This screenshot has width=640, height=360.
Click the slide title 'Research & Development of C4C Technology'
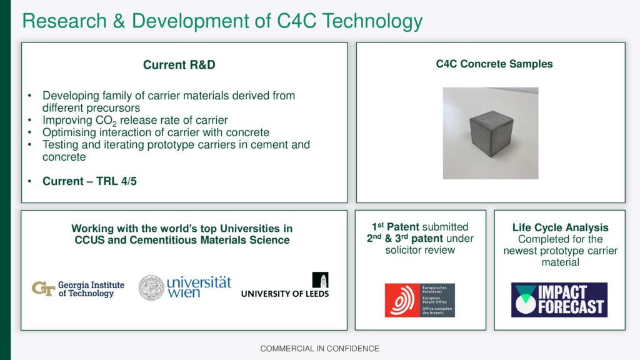point(222,22)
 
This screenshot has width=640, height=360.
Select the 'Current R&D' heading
point(179,65)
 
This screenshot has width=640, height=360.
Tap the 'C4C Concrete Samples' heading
point(494,64)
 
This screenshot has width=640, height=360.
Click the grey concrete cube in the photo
point(491,134)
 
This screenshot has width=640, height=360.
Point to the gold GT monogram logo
point(43,289)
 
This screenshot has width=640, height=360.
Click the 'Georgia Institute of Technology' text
point(91,289)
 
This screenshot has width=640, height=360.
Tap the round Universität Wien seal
point(151,287)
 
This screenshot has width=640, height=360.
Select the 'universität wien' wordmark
point(199,287)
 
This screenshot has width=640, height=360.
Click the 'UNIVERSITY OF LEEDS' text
point(285,294)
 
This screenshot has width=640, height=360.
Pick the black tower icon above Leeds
point(321,280)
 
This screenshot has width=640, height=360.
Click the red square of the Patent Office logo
point(402,301)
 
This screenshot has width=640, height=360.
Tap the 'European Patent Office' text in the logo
point(434,300)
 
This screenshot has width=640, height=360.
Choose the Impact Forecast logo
point(559,300)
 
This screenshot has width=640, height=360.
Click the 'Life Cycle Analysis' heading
point(561,227)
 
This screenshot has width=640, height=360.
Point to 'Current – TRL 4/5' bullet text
point(90,181)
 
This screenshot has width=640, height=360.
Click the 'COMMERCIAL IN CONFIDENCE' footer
point(319,349)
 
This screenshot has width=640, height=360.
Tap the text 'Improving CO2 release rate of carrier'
point(135,121)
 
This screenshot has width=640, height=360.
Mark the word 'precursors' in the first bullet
point(114,108)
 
